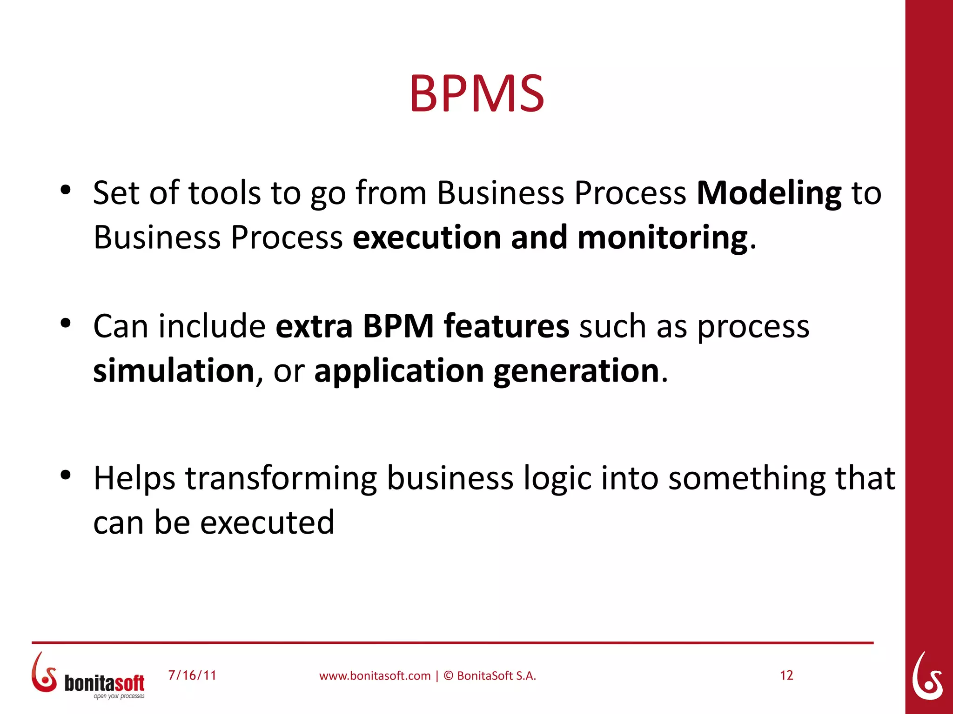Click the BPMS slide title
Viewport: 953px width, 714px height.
476,94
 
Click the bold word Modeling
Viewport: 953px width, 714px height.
769,193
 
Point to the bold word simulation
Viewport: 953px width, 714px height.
174,371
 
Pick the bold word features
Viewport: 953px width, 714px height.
506,326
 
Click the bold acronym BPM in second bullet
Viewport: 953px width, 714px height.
398,326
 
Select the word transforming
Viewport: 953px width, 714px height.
281,479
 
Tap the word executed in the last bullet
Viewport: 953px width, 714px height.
267,523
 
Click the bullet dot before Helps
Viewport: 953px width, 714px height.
66,475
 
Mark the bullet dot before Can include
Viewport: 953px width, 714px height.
66,323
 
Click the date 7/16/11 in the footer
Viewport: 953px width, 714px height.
192,675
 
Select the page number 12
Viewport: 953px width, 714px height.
786,675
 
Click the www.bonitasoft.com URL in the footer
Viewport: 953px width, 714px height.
375,676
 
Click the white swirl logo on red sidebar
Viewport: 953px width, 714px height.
927,676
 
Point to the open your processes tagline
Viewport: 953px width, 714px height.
119,696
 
